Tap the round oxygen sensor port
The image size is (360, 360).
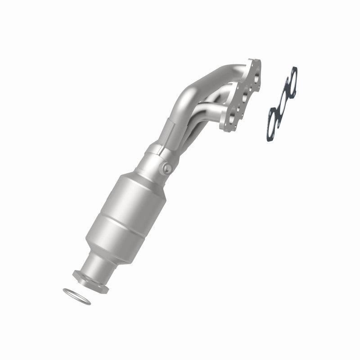tap(167, 168)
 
